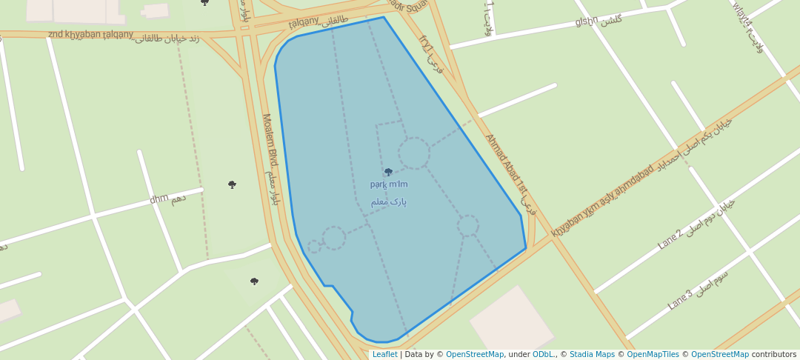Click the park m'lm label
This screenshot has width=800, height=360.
pyautogui.click(x=389, y=184)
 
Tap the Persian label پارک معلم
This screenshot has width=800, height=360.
pyautogui.click(x=389, y=201)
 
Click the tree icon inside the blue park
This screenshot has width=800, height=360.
pyautogui.click(x=388, y=172)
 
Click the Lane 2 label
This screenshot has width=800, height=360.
pyautogui.click(x=670, y=239)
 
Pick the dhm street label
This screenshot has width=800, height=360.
pyautogui.click(x=159, y=199)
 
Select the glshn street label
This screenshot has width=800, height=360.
pyautogui.click(x=586, y=21)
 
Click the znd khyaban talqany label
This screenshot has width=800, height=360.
pyautogui.click(x=90, y=34)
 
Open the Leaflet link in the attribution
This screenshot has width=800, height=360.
pyautogui.click(x=384, y=355)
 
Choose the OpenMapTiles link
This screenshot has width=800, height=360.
pyautogui.click(x=653, y=355)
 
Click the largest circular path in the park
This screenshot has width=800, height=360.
pyautogui.click(x=413, y=153)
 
